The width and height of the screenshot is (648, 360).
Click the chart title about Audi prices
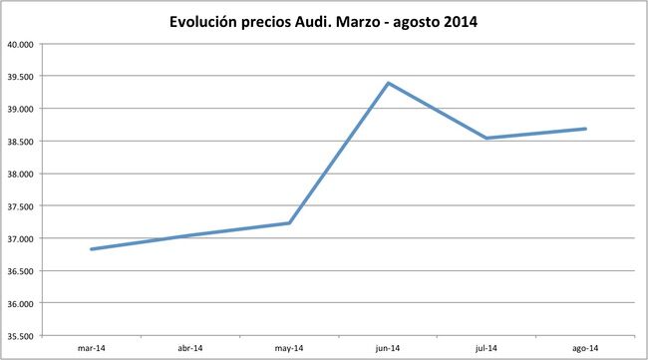pyautogui.click(x=324, y=21)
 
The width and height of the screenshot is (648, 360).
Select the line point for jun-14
pyautogui.click(x=388, y=83)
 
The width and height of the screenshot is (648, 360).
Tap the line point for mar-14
pyautogui.click(x=92, y=249)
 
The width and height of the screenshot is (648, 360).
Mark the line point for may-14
pyautogui.click(x=289, y=223)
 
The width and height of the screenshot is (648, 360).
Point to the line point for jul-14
pyautogui.click(x=486, y=138)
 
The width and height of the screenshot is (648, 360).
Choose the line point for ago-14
pyautogui.click(x=585, y=129)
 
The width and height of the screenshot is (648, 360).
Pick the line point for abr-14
pyautogui.click(x=190, y=235)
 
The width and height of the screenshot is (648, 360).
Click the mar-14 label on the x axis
pyautogui.click(x=92, y=348)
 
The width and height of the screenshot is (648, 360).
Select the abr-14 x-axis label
pyautogui.click(x=190, y=348)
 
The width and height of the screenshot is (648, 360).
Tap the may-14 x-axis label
pyautogui.click(x=289, y=348)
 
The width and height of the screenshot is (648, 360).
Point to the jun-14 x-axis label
pyautogui.click(x=388, y=348)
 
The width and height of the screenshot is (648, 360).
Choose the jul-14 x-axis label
pyautogui.click(x=486, y=348)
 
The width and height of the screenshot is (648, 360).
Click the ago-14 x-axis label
pyautogui.click(x=585, y=348)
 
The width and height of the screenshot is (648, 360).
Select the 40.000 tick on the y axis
pyautogui.click(x=20, y=44)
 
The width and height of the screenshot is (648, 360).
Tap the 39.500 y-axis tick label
pyautogui.click(x=20, y=76)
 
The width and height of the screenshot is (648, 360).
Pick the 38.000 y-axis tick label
pyautogui.click(x=20, y=174)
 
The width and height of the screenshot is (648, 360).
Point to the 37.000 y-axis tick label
pyautogui.click(x=20, y=238)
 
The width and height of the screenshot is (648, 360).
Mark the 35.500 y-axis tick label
pyautogui.click(x=20, y=335)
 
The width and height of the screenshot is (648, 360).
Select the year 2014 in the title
pyautogui.click(x=457, y=21)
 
